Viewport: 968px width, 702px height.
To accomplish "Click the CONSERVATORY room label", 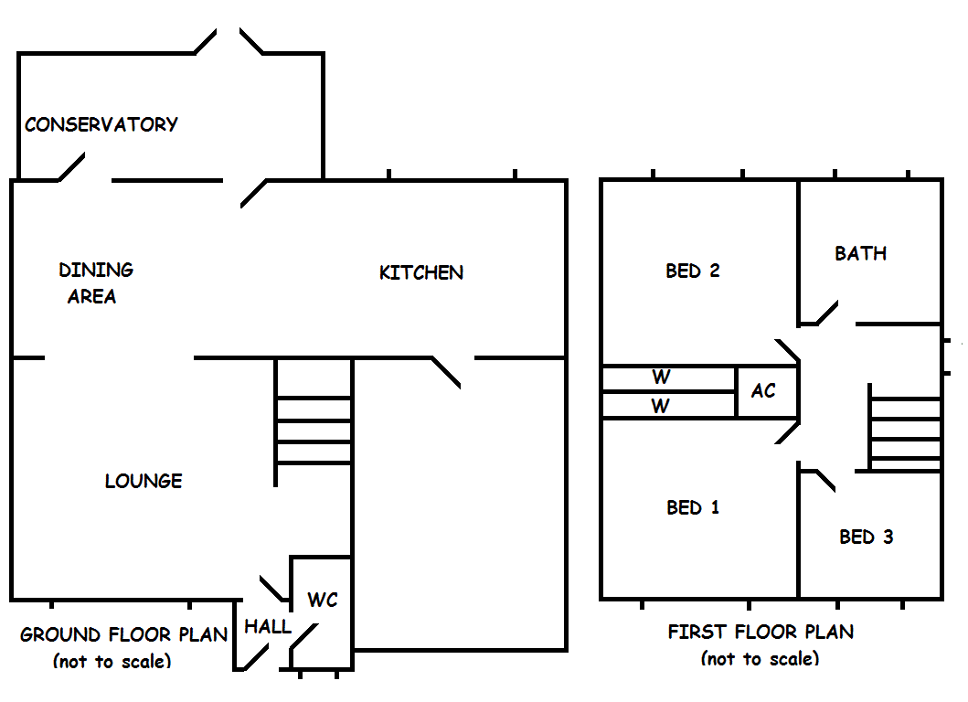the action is (101, 124).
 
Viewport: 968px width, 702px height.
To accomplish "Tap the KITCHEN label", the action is (421, 272).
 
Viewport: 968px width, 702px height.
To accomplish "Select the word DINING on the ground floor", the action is (96, 270).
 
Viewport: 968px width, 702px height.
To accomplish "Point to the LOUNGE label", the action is (144, 481).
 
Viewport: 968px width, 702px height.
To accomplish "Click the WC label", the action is (323, 600).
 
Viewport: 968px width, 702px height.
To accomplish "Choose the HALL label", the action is (267, 627).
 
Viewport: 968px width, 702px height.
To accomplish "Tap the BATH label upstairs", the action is (860, 253).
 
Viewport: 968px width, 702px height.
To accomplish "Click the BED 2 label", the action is (693, 271).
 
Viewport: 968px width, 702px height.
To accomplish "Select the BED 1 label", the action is (693, 507).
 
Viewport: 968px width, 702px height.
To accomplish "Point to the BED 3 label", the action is (867, 537).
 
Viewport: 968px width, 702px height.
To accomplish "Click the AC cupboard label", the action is (763, 390).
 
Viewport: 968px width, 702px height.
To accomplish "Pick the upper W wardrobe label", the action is (661, 377).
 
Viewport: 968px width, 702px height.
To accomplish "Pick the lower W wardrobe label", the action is (661, 406).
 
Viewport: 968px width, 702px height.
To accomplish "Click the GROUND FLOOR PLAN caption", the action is (123, 634).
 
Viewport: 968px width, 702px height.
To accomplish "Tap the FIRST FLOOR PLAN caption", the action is (761, 632).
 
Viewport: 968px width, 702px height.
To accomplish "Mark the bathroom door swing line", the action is (827, 313).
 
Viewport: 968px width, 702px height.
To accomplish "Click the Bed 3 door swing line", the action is (826, 481).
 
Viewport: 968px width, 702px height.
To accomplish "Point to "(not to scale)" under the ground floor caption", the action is (112, 661).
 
